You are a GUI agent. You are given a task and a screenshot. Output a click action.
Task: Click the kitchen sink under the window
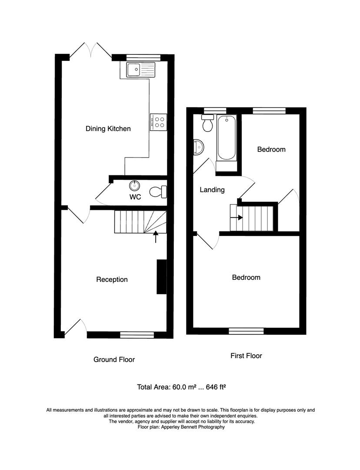[140, 69]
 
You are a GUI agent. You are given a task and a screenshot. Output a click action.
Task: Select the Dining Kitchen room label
[108, 129]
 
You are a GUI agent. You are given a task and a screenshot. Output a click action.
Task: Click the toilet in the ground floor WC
[158, 191]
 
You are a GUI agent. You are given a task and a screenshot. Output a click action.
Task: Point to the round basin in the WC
[135, 186]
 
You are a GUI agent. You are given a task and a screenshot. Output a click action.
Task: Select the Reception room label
[112, 279]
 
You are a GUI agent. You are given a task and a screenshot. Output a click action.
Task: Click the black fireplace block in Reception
[161, 277]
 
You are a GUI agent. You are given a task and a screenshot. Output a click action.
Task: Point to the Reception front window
[137, 334]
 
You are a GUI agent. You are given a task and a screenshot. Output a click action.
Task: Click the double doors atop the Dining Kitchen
[90, 50]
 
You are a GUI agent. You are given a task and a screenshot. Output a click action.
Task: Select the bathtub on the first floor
[227, 138]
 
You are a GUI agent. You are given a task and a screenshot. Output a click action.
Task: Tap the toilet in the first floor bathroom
[208, 123]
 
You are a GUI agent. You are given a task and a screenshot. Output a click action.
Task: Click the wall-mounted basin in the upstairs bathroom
[198, 147]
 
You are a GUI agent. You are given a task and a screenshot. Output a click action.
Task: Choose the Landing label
[212, 190]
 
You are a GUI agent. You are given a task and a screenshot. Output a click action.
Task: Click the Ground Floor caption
[114, 359]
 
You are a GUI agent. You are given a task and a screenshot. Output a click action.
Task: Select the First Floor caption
[246, 356]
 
